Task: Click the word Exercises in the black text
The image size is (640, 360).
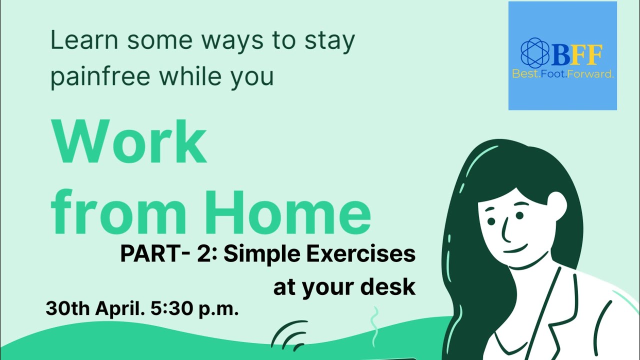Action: pyautogui.click(x=360, y=254)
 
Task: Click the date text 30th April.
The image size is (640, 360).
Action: pyautogui.click(x=91, y=308)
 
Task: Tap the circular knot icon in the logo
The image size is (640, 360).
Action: pyautogui.click(x=535, y=52)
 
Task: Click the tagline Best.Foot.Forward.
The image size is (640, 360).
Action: pyautogui.click(x=562, y=74)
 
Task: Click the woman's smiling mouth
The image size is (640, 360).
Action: pyautogui.click(x=516, y=249)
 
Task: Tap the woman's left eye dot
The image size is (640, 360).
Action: pyautogui.click(x=491, y=220)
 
